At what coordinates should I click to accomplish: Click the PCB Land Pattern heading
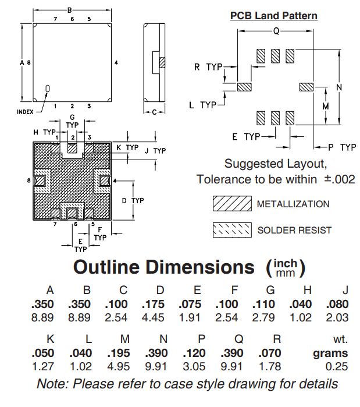[274, 16]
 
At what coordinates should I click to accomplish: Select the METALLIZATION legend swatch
[231, 204]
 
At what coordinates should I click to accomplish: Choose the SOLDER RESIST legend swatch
[231, 230]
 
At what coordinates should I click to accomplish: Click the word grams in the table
[330, 353]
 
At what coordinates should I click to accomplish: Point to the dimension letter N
[339, 87]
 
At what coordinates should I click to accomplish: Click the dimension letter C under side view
[155, 112]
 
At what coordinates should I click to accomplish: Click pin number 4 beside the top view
[116, 62]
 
